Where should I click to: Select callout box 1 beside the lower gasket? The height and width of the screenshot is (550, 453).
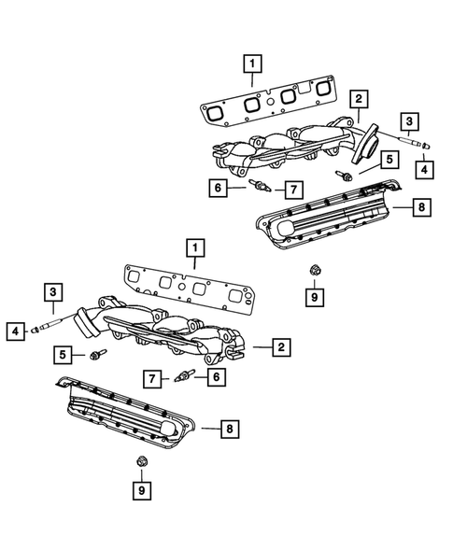tap(193, 248)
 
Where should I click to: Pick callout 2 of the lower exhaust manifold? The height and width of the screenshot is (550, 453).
tap(280, 347)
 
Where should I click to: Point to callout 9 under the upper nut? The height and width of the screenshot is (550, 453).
tap(315, 297)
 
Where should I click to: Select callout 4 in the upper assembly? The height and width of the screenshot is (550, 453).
tap(423, 169)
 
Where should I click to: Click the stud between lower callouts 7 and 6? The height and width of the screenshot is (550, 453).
tap(184, 377)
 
